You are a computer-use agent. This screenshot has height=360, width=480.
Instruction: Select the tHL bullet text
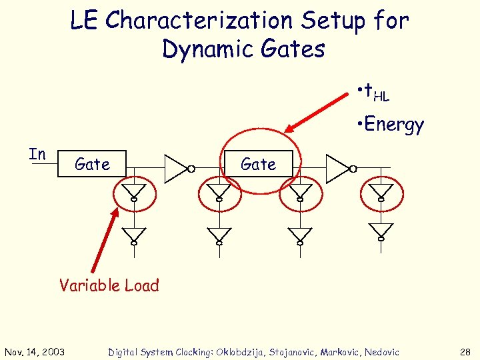[374, 93]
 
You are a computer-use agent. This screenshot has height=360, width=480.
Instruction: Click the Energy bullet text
[391, 125]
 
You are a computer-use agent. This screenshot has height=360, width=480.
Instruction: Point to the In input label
[37, 154]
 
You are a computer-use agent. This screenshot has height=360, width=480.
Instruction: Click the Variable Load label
[109, 285]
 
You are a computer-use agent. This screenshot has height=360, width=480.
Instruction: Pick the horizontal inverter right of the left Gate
[178, 168]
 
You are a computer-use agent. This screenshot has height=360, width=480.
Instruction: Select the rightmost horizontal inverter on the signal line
[340, 168]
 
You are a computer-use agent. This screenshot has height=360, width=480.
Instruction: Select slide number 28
[464, 352]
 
